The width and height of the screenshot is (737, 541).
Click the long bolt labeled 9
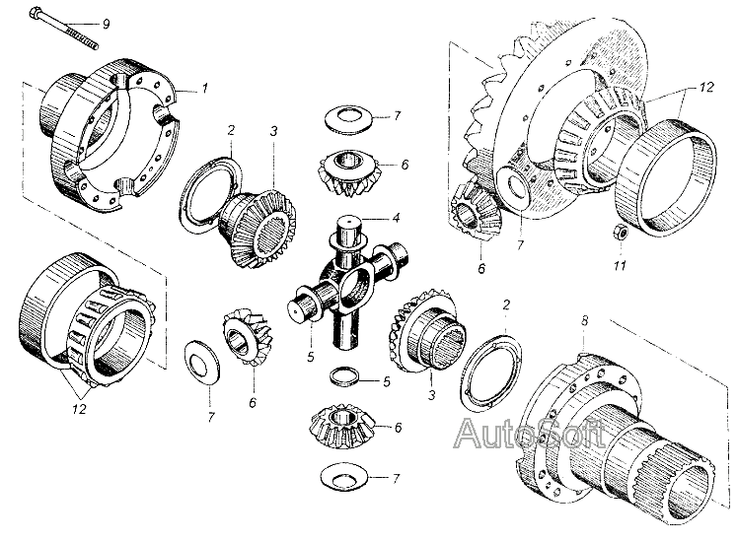[x=63, y=28]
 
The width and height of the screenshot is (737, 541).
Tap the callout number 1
[x=204, y=89]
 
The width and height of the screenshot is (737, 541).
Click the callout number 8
[x=584, y=321]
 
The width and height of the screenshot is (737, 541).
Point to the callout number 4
[x=397, y=219]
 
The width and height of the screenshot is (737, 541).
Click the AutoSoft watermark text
[x=530, y=433]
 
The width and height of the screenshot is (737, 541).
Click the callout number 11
[x=620, y=265]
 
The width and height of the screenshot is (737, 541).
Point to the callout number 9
[x=107, y=24]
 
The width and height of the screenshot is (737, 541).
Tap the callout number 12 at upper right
[x=705, y=88]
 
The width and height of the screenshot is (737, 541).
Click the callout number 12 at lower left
[x=80, y=409]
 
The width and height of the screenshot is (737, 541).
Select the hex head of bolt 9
[x=36, y=14]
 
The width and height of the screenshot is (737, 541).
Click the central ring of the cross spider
[x=356, y=291]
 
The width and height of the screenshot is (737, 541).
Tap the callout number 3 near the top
[x=273, y=131]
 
